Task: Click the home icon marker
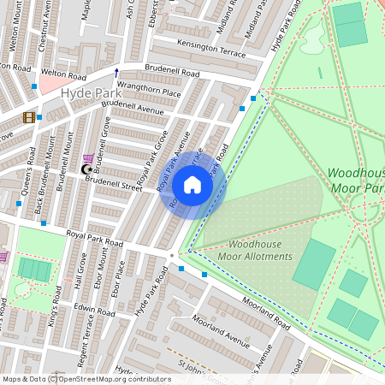coord(192,185)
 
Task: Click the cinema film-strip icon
coord(30,117)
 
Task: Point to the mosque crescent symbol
coord(85,170)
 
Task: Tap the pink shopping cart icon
coord(89,158)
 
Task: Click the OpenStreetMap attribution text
coord(86,379)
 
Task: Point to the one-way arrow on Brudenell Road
coord(117,72)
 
